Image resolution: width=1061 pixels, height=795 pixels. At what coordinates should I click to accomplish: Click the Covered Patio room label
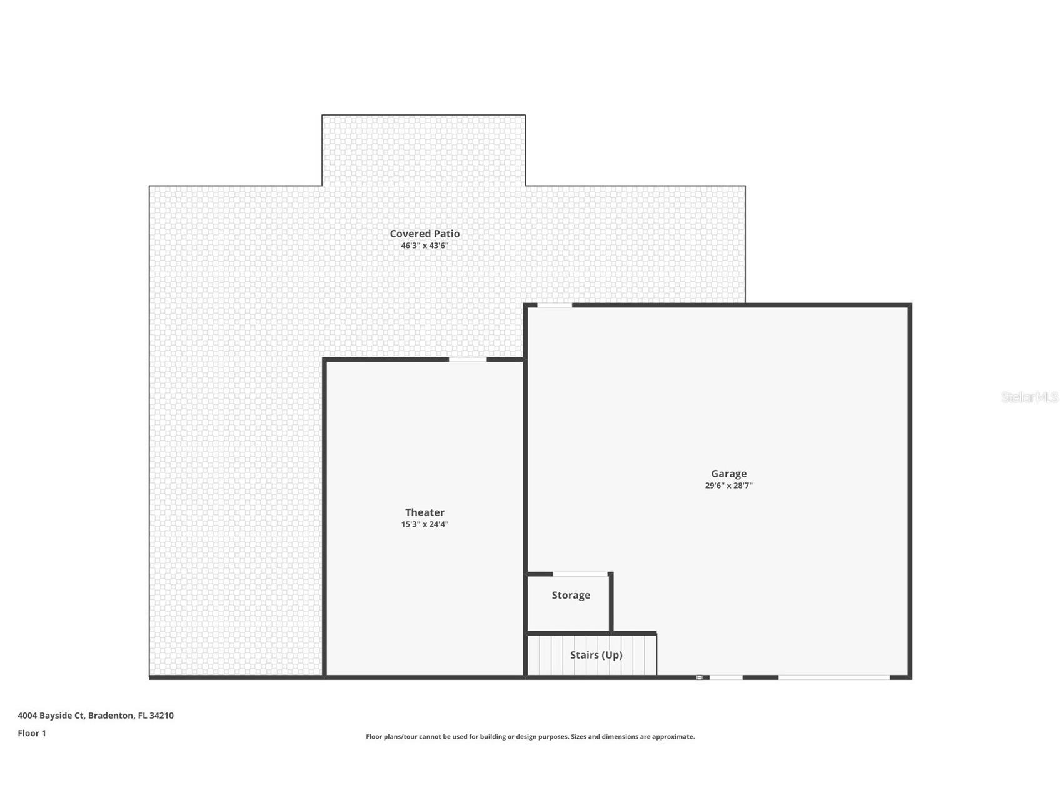425,234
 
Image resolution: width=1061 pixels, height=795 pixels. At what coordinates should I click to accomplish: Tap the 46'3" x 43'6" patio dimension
425,246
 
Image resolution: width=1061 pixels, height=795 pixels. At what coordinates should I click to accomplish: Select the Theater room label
425,512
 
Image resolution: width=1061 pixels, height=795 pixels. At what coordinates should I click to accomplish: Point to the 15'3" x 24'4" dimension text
425,525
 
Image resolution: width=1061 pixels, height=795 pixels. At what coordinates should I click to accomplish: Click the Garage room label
728,474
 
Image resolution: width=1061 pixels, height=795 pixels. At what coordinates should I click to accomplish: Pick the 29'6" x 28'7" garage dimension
728,486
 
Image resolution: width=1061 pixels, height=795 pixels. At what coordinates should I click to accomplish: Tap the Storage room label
570,595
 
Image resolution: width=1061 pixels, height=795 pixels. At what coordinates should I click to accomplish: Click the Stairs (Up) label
596,655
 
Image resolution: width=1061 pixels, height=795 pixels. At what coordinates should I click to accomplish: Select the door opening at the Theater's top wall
468,359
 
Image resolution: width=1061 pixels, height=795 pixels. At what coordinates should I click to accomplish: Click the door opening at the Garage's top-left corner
555,305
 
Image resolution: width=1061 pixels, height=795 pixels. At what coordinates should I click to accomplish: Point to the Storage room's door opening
580,574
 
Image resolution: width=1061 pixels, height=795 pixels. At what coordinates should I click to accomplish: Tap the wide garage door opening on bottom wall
833,677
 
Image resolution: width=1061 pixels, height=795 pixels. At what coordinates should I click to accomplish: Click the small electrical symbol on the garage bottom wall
700,677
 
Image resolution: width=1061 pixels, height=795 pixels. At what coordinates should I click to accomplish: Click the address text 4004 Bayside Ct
50,716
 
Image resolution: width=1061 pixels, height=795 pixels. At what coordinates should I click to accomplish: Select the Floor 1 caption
32,733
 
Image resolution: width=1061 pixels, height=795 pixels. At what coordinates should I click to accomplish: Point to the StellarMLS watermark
1030,397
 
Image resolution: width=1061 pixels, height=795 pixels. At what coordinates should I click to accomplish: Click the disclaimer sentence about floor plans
530,737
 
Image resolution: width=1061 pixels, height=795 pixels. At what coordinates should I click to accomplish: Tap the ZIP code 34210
161,716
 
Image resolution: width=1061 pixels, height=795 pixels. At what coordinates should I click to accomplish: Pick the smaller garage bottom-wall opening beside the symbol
726,677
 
